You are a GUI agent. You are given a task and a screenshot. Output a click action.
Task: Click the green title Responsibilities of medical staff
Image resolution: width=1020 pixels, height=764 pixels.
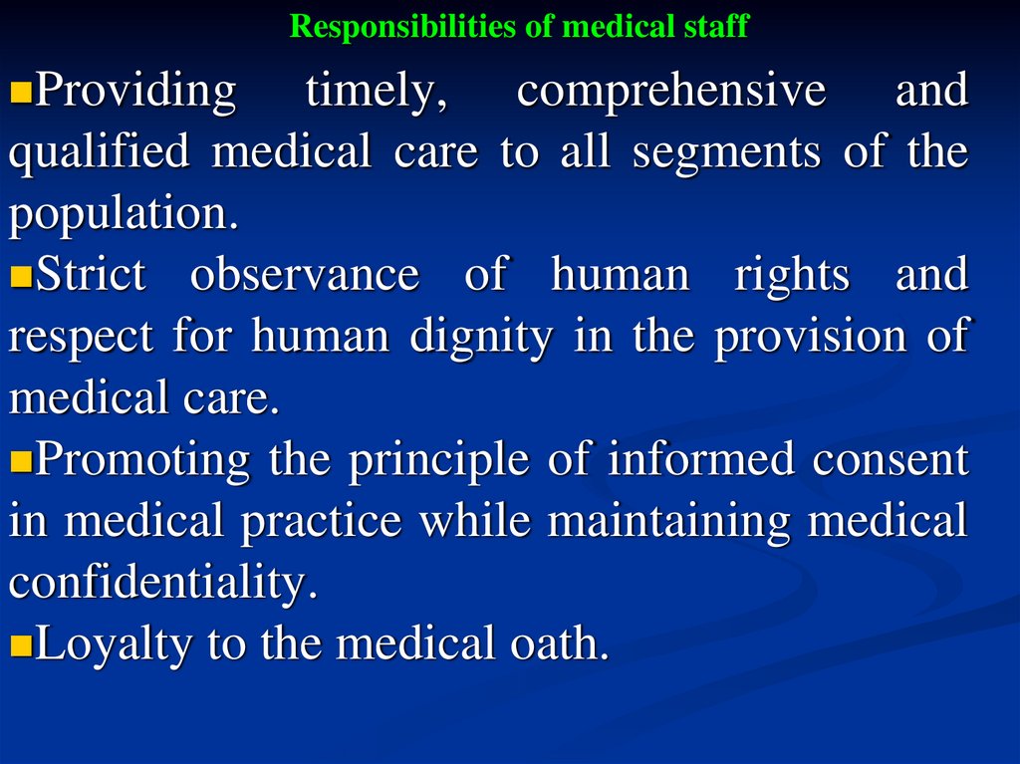[x=518, y=26]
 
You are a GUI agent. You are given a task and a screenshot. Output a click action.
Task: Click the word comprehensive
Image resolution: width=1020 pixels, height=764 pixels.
[x=671, y=92]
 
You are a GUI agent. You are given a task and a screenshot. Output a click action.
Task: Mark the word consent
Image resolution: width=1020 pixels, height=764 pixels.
[x=891, y=461]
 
